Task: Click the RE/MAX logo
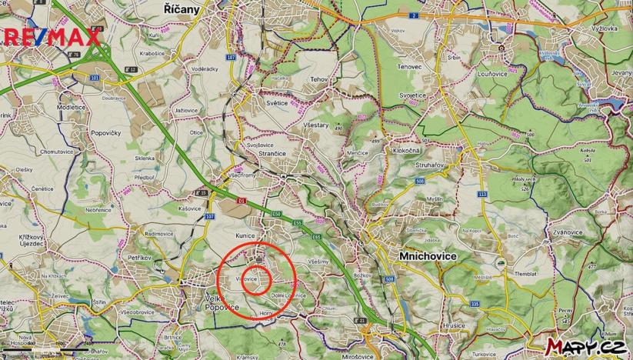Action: (x=52, y=36)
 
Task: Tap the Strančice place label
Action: (x=263, y=154)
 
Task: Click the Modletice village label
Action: (x=72, y=108)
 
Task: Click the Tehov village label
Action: (x=318, y=79)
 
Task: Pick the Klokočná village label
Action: (x=404, y=152)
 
